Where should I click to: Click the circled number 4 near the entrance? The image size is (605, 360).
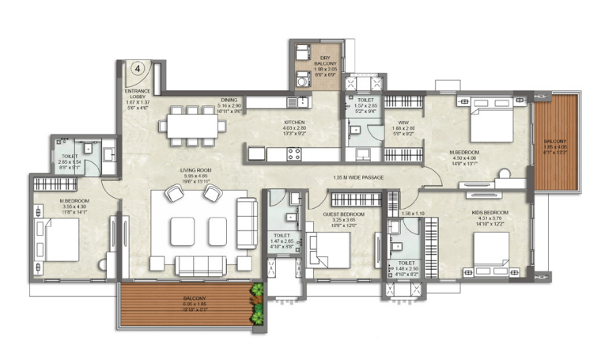point(138,69)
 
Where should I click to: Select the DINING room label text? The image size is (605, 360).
point(229,100)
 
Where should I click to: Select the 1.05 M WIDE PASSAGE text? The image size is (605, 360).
point(358,177)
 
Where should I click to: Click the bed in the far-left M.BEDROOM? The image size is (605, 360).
point(58,240)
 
